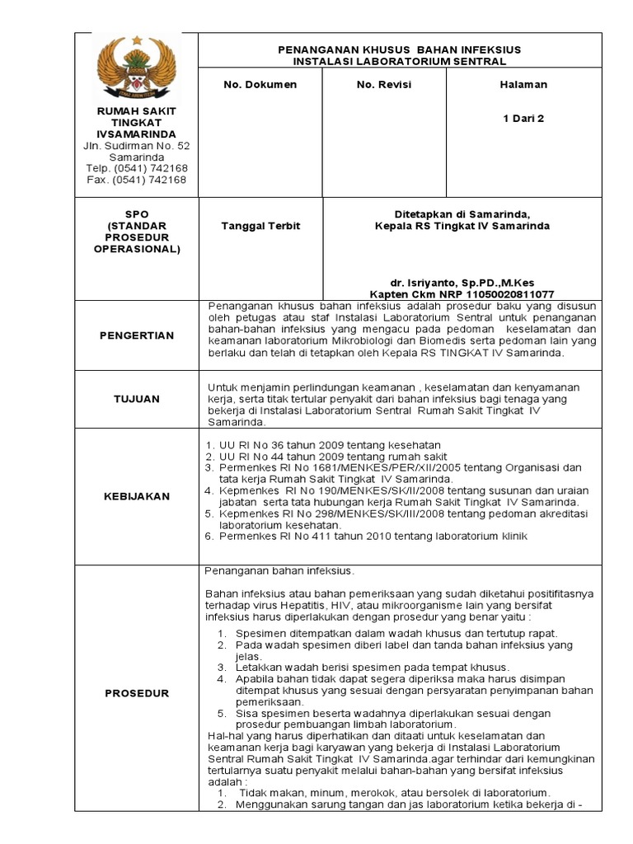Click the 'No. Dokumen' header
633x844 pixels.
[x=260, y=85]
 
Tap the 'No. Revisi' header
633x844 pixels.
[x=383, y=85]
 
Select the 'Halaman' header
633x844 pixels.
[x=523, y=85]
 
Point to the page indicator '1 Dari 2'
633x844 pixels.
[x=523, y=118]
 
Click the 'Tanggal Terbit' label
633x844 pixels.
[x=261, y=226]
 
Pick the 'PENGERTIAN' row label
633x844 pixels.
[x=137, y=335]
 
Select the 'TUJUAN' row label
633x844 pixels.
[x=137, y=399]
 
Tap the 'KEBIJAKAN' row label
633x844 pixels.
[x=137, y=496]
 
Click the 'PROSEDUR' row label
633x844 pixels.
[x=137, y=693]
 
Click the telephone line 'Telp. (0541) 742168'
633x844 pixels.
[x=137, y=168]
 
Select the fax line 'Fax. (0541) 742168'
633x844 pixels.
[x=137, y=180]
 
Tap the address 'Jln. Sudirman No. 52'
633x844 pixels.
[x=137, y=146]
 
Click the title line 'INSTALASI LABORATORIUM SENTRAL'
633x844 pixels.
[x=399, y=61]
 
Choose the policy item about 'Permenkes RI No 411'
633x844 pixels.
[x=372, y=537]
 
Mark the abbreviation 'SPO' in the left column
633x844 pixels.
[x=137, y=213]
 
